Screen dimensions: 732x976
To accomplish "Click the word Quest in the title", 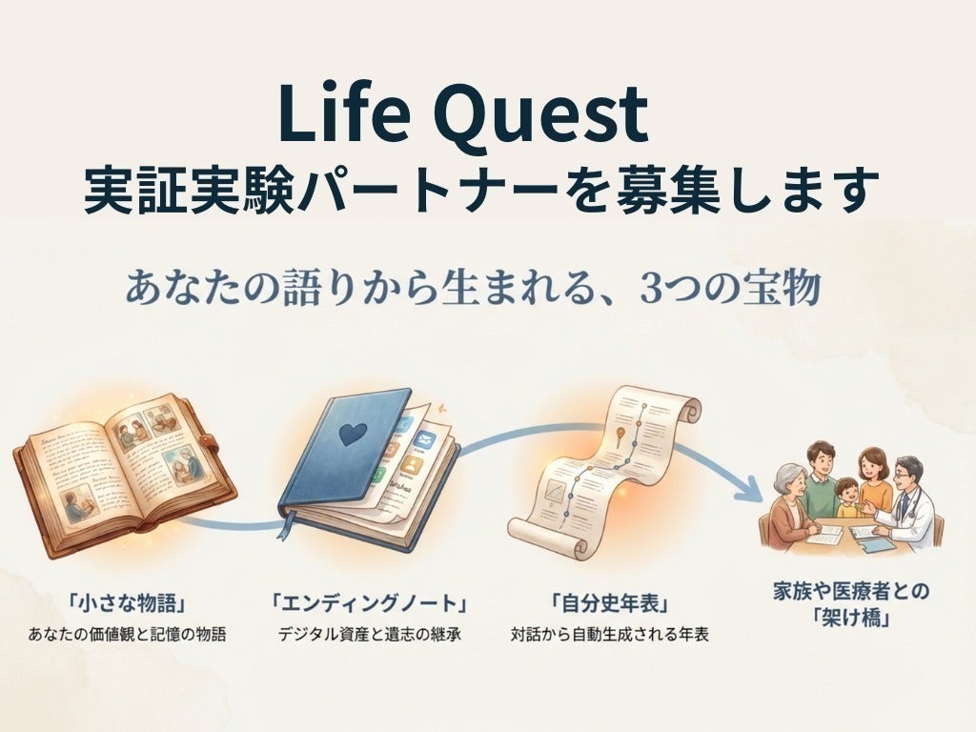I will [543, 114].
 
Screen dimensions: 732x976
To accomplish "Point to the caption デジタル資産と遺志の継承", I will [369, 634].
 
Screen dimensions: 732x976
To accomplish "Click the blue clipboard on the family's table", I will [878, 544].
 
